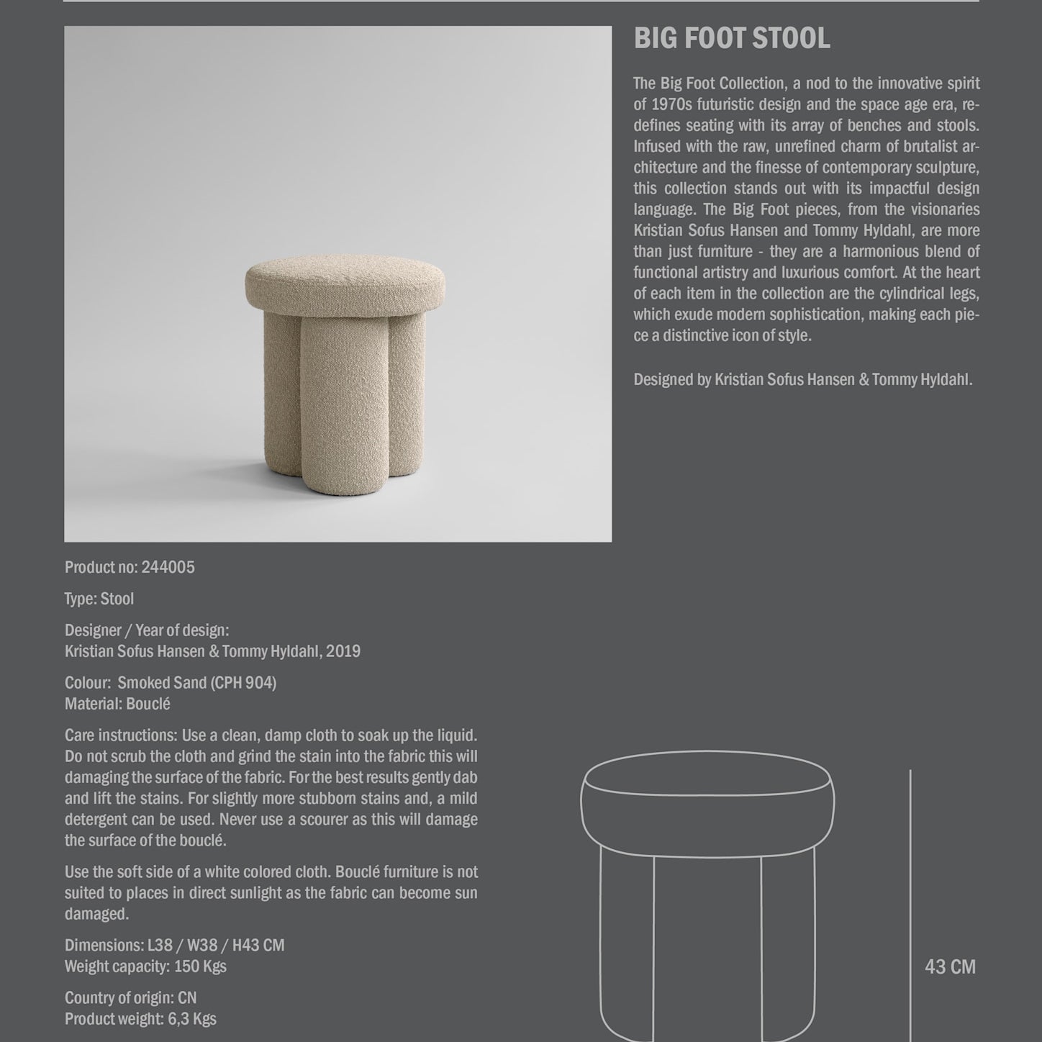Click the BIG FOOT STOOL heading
pyautogui.click(x=731, y=39)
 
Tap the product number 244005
pyautogui.click(x=168, y=567)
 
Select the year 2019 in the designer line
pyautogui.click(x=343, y=651)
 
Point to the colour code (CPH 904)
pyautogui.click(x=243, y=683)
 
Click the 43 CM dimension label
pyautogui.click(x=950, y=966)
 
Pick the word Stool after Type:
pyautogui.click(x=117, y=599)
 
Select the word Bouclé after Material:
pyautogui.click(x=148, y=704)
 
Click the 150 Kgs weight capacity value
pyautogui.click(x=200, y=966)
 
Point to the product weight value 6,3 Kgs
pyautogui.click(x=191, y=1019)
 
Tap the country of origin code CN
pyautogui.click(x=187, y=998)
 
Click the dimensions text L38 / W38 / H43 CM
pyautogui.click(x=216, y=946)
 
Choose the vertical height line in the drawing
pyautogui.click(x=910, y=900)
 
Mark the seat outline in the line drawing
pyautogui.click(x=707, y=799)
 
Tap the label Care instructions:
pyautogui.click(x=121, y=735)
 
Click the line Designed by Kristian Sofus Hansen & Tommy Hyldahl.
pyautogui.click(x=802, y=380)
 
